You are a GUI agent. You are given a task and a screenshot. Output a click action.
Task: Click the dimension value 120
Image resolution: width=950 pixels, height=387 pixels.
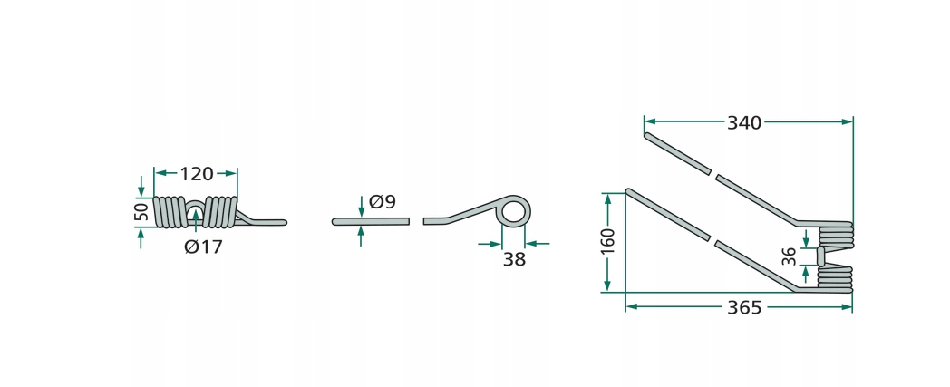[x=197, y=174]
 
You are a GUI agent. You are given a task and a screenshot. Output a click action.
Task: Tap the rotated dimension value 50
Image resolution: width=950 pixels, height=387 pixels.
[x=141, y=212]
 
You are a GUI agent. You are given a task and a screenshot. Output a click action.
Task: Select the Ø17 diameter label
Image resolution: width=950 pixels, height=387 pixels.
[x=204, y=247]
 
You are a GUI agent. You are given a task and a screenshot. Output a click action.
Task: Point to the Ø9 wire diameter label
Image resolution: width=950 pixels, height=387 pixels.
[x=383, y=202]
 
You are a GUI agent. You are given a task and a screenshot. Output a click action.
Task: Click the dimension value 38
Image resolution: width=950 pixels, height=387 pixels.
[x=514, y=259]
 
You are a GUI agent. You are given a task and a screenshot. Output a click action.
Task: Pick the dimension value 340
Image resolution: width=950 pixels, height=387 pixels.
[x=744, y=123]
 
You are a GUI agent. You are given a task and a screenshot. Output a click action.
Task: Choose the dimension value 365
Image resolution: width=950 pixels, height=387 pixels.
[x=744, y=307]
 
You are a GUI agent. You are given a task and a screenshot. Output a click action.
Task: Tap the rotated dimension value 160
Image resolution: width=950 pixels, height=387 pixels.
[x=609, y=242]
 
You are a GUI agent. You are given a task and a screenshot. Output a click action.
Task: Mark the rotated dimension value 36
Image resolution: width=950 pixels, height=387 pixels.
[x=789, y=256]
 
